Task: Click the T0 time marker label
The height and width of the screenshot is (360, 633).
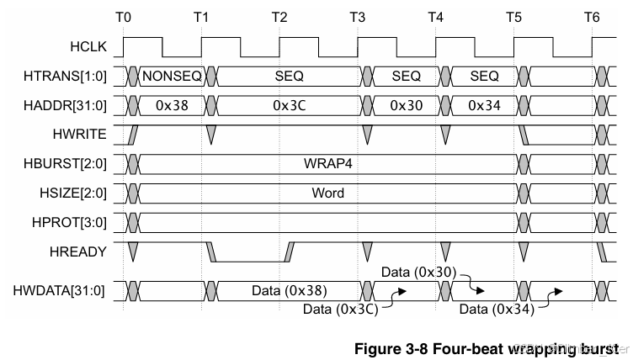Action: click(123, 17)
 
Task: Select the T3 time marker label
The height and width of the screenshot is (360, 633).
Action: click(358, 17)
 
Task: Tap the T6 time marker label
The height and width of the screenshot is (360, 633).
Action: click(593, 17)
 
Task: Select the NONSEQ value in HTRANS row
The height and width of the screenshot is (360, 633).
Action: click(172, 76)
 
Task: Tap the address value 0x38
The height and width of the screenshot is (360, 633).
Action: click(172, 105)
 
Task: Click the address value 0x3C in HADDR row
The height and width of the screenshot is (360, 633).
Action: click(289, 105)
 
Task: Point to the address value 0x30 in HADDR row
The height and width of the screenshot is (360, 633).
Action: click(406, 105)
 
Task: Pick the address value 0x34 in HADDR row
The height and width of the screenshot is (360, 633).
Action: click(484, 105)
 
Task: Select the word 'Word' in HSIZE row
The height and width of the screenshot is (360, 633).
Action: click(327, 192)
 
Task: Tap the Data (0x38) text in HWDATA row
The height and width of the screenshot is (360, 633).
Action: click(289, 291)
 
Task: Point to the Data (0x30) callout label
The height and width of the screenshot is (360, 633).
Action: click(418, 273)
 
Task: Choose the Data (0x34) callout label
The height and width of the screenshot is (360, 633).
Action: click(495, 310)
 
